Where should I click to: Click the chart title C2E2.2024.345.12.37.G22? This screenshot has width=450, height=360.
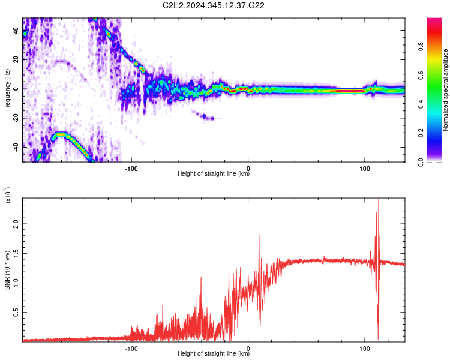pos(214,5)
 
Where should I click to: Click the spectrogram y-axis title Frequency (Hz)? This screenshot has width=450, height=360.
pos(7,90)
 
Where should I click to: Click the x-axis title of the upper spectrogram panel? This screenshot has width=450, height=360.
pos(214,174)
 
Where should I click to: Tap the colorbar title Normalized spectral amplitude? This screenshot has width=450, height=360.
pos(445,90)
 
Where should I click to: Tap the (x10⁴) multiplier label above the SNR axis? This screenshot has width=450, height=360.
pos(7,194)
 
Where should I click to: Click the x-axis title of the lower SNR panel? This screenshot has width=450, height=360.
pos(214,354)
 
